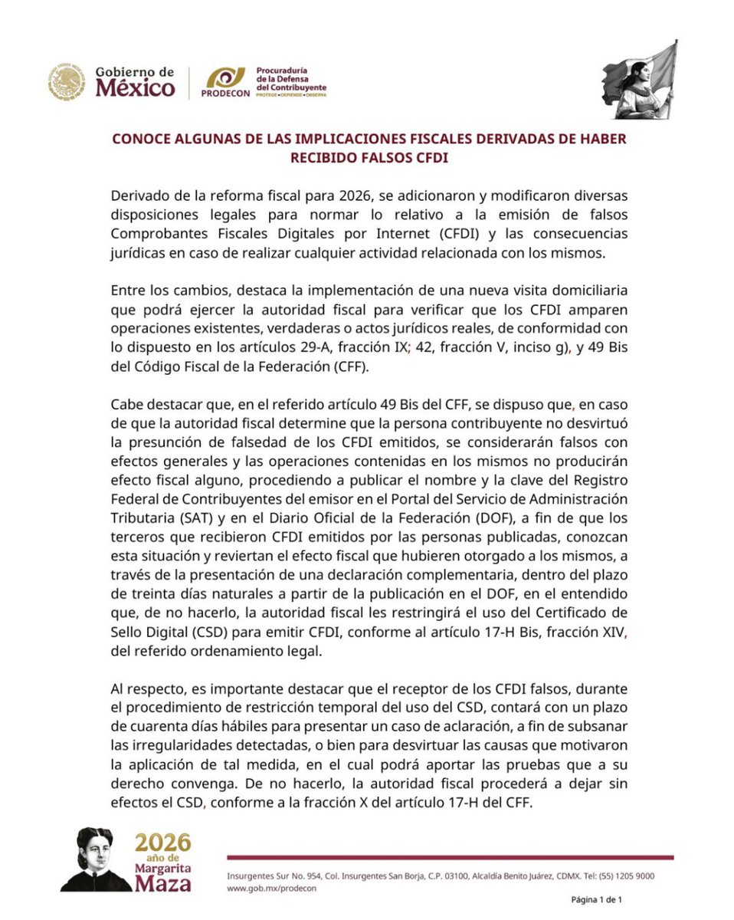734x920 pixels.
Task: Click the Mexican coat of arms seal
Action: pyautogui.click(x=66, y=82)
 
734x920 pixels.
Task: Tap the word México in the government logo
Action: pyautogui.click(x=134, y=89)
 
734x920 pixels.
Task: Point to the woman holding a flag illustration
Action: pyautogui.click(x=639, y=80)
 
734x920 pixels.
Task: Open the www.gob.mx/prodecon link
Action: pyautogui.click(x=272, y=889)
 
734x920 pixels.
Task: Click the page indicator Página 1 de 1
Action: pyautogui.click(x=596, y=899)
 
